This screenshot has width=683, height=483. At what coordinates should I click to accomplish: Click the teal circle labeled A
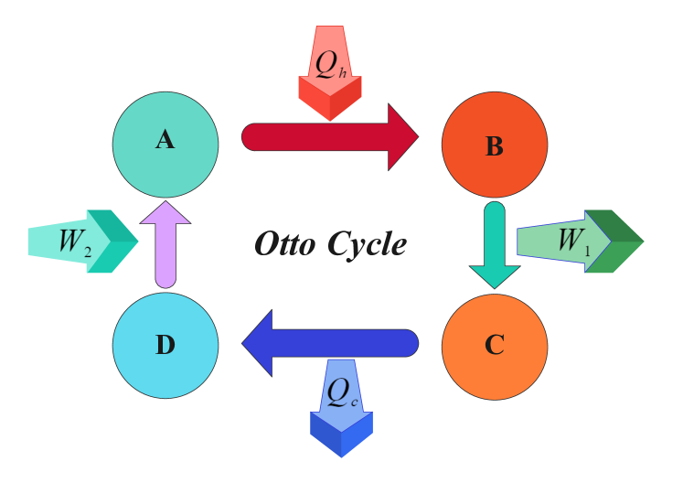coord(165,145)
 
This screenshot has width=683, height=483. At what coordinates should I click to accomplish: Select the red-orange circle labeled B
coord(495,145)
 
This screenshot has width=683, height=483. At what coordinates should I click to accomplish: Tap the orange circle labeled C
coord(495,347)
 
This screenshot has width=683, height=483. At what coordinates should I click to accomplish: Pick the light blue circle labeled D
coord(165,346)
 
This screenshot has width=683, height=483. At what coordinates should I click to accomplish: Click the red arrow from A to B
coord(320,137)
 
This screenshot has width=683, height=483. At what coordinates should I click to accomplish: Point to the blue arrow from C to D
coord(338,343)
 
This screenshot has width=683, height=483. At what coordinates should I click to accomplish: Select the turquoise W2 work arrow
coord(82,241)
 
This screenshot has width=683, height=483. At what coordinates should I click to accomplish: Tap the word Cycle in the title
coord(367,244)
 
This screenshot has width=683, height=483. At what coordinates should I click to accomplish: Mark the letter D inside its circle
coord(165,345)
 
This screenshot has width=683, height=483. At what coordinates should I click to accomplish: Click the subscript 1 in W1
coord(587,249)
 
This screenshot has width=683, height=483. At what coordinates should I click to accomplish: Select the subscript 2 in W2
coord(87,250)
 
